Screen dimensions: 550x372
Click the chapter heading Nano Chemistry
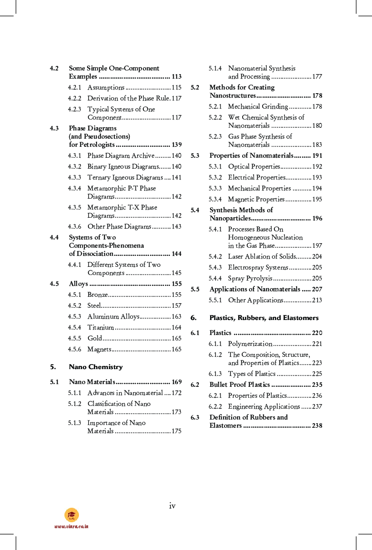pos(96,367)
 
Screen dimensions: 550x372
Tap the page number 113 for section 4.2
pos(176,76)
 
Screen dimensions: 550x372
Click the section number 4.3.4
pos(74,188)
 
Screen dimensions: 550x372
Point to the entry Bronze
pos(98,295)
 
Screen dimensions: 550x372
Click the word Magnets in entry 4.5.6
pos(99,349)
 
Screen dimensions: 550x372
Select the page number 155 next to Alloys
pos(176,284)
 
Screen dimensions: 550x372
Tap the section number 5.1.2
pos(74,404)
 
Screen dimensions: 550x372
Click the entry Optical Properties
pos(254,166)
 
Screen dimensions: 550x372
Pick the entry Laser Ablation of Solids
pos(262,256)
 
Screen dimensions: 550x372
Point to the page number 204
pos(317,256)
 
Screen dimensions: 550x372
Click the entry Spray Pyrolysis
pos(250,278)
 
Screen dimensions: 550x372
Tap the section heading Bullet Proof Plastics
pos(240,385)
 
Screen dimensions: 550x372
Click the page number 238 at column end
pos(317,425)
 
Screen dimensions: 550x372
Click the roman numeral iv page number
pos(172,505)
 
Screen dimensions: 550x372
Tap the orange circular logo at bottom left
pos(72,515)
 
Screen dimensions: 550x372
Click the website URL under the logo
pos(71,526)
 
